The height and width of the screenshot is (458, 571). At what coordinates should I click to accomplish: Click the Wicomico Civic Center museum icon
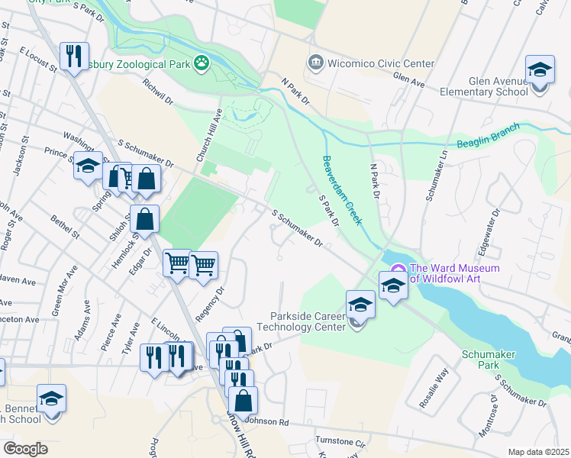coord(315,63)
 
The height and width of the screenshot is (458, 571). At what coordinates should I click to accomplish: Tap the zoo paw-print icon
coord(202,63)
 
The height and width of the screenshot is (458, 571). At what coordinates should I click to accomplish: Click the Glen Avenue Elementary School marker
coord(540,71)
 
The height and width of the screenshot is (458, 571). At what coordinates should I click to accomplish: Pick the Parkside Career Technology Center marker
coord(360,305)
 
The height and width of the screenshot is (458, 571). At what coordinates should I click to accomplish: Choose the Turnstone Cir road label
coord(340,442)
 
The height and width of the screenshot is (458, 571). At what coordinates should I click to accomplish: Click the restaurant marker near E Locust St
coord(74,56)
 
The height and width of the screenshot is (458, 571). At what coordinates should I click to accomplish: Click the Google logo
coord(26,449)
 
